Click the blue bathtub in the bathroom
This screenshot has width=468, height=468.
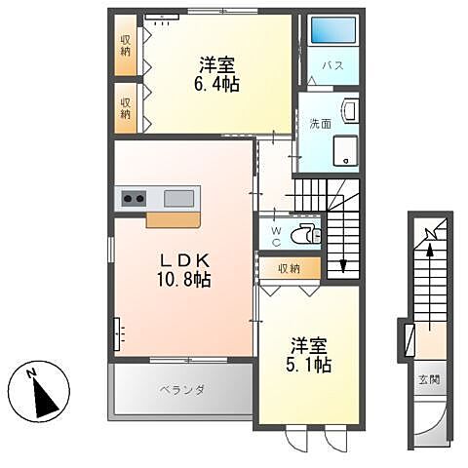(333, 30)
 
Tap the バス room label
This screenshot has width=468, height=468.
(333, 65)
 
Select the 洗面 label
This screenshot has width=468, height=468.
(321, 124)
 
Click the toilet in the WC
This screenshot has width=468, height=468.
(306, 233)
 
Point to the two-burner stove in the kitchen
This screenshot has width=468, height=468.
(134, 198)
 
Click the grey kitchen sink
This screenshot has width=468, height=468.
(179, 198)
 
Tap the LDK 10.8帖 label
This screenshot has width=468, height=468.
(184, 270)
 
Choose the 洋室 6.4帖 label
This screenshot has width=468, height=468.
(216, 74)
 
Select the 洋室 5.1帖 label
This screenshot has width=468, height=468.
(308, 355)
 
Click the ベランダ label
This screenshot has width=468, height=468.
(182, 390)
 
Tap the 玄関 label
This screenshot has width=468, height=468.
(429, 379)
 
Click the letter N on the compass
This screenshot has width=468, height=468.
(31, 372)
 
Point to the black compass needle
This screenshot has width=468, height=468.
(46, 399)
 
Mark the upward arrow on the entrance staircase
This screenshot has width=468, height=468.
(430, 287)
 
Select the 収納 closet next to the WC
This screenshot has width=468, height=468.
(291, 268)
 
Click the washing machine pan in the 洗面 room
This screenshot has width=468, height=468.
(345, 150)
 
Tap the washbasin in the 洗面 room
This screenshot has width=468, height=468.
(350, 110)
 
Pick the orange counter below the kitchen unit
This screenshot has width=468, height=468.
(173, 220)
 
